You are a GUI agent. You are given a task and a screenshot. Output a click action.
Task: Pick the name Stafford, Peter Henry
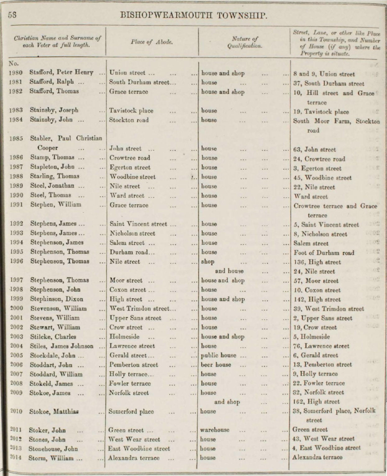(x=61, y=73)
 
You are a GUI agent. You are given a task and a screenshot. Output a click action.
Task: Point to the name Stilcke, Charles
(x=53, y=336)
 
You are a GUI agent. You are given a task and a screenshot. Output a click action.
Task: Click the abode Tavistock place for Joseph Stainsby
(x=131, y=111)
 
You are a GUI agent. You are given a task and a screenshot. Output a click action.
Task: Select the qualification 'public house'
(x=219, y=355)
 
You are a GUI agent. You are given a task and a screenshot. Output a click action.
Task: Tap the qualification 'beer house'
(x=216, y=364)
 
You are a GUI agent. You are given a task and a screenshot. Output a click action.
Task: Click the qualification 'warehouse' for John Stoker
(x=215, y=430)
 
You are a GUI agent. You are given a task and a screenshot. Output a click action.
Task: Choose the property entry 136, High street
(x=317, y=262)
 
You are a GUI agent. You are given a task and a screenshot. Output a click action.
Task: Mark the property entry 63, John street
(x=314, y=149)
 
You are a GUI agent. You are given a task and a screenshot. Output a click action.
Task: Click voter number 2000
(x=16, y=309)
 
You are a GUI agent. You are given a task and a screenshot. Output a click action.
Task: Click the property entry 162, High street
(x=316, y=402)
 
